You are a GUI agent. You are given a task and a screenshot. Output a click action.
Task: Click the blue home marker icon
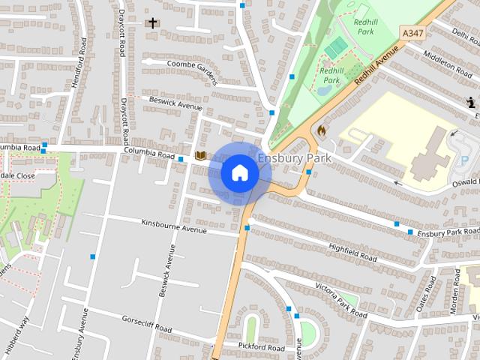tap(239, 172)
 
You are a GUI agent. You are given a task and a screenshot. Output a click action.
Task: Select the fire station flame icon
tap(322, 130)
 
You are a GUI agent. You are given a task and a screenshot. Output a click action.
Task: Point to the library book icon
tap(200, 155)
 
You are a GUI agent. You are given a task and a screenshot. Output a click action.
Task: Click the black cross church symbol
tap(152, 22)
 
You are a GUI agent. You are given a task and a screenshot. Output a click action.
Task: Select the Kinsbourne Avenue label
tap(174, 226)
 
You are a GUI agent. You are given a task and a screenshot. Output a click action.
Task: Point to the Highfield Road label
tap(352, 250)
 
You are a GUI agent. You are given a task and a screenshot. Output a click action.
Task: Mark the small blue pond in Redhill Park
tap(323, 90)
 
